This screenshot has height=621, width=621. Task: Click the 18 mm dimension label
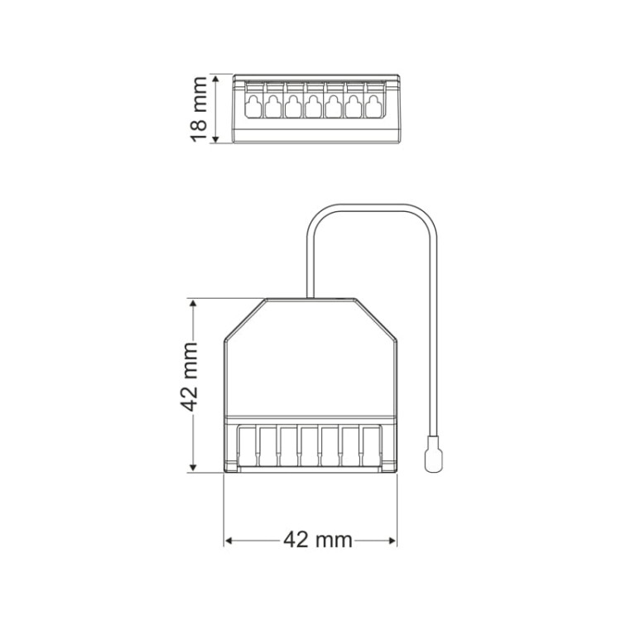[x=199, y=109]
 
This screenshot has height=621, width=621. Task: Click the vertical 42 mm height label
[x=189, y=377]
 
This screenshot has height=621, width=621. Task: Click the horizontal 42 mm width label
[x=318, y=539]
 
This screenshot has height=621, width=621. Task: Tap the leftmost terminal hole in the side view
[x=253, y=106]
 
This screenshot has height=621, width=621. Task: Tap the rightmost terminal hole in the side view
[x=373, y=106]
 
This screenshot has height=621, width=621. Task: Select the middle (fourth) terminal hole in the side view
[x=313, y=106]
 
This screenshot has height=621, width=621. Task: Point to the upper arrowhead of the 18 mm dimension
[x=215, y=79]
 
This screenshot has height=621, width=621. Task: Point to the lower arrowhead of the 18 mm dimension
[x=215, y=138]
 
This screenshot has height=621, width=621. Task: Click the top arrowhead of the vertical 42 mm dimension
[x=193, y=304]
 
